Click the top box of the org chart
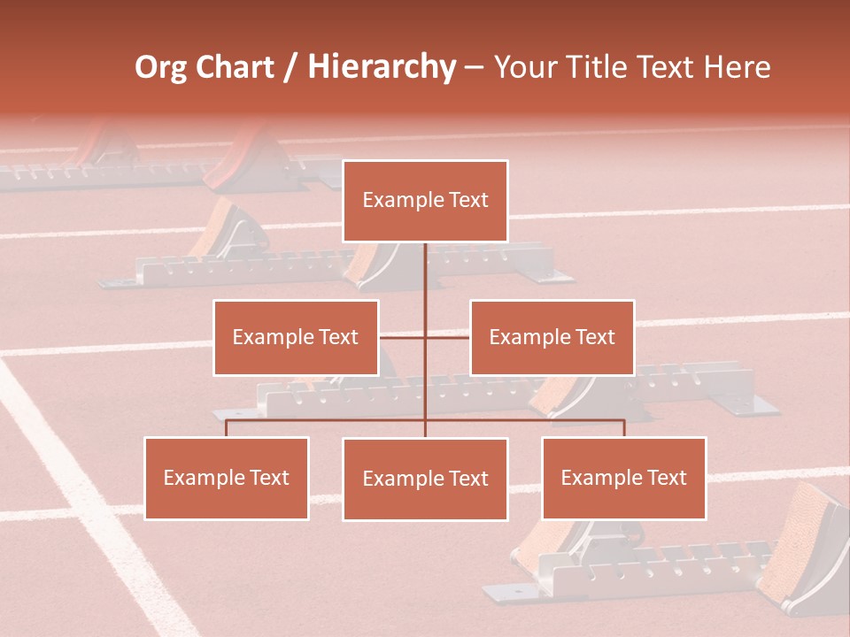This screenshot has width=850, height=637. coord(425,201)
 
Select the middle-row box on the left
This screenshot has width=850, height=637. coord(296,337)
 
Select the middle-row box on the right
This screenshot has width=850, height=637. coord(552,337)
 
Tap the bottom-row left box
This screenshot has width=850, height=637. coord(227,478)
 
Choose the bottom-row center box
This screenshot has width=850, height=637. coord(425,479)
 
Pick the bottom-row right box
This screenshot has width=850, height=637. coord(623,478)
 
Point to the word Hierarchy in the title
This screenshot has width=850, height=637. coord(382,67)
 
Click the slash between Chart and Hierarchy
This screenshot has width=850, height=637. coord(290,68)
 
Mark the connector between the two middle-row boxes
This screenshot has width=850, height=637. coord(425,337)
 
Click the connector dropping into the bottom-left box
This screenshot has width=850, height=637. coord(227,427)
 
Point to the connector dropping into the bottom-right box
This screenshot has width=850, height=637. coord(624,427)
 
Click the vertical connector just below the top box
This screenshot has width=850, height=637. coord(425,265)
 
